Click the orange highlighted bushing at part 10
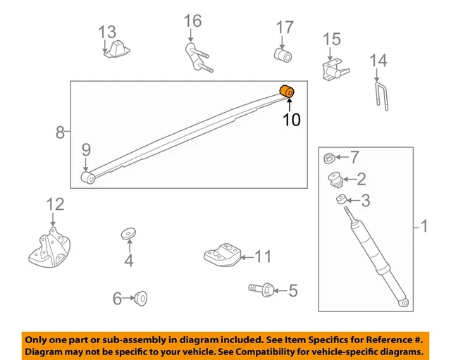[287, 92]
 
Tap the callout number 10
[292, 120]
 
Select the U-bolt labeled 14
[382, 97]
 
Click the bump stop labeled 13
[118, 49]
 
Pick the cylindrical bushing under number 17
[283, 55]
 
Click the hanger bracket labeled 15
[334, 70]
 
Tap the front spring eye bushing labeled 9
[88, 178]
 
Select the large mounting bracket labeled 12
[50, 248]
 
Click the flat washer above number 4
[128, 233]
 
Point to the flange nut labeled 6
[141, 298]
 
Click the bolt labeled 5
[261, 289]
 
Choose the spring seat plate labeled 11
[222, 255]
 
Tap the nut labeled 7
[329, 158]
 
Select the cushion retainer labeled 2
[335, 180]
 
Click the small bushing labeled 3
[342, 199]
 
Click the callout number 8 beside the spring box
[60, 132]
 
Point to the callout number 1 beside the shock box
[424, 226]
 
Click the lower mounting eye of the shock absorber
[404, 302]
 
